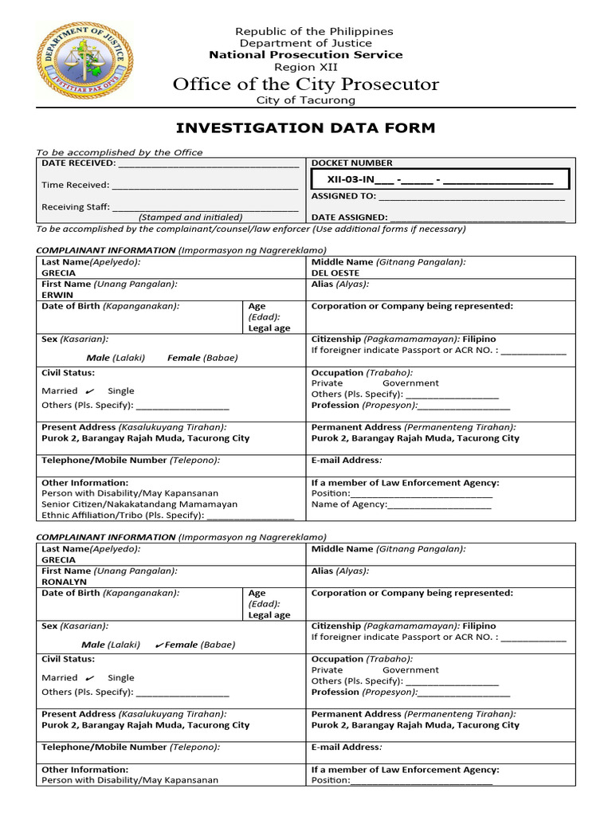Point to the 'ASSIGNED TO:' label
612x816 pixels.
point(343,195)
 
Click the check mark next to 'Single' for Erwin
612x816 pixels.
point(89,390)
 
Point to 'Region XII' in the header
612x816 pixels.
point(306,67)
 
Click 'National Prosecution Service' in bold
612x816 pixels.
point(306,55)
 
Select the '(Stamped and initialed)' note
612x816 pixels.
point(190,217)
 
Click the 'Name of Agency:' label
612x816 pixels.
point(348,504)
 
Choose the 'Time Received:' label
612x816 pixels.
point(75,185)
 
